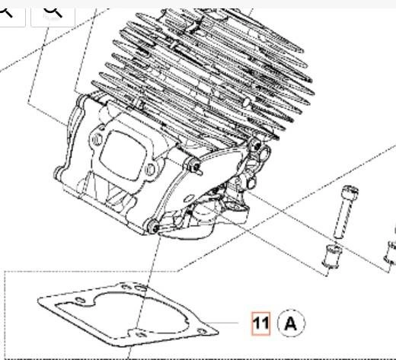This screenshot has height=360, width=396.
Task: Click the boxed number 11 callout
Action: click(260, 323)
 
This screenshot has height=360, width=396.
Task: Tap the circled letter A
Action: click(291, 323)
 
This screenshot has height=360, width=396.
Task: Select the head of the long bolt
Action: click(350, 191)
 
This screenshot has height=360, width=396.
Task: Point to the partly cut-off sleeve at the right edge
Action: click(391, 254)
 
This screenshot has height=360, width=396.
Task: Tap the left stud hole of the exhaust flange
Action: click(97, 139)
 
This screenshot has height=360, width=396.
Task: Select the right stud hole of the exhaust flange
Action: click(150, 170)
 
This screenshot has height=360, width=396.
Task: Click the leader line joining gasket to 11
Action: click(222, 323)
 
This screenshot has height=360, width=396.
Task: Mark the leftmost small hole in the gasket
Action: click(81, 300)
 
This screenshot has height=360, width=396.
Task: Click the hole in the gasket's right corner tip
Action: click(203, 331)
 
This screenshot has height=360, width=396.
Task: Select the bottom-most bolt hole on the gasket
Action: click(141, 335)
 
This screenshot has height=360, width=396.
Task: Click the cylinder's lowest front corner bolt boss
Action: click(152, 226)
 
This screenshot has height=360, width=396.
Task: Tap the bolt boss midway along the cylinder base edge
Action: click(195, 165)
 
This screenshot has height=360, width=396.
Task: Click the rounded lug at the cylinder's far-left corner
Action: click(58, 173)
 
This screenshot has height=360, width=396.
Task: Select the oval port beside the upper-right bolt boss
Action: click(265, 153)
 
